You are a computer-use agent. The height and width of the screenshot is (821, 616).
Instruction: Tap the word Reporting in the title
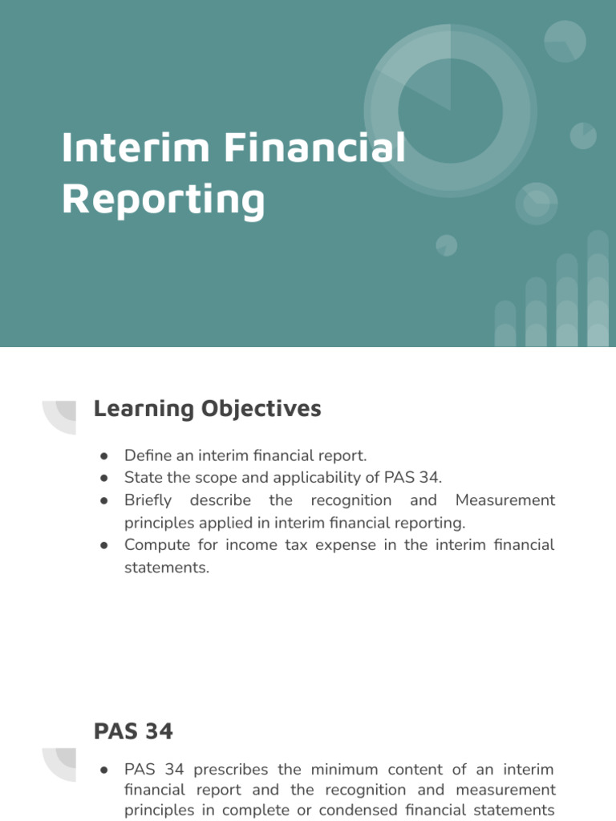[x=163, y=200]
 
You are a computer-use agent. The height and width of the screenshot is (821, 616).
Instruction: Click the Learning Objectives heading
[x=207, y=409]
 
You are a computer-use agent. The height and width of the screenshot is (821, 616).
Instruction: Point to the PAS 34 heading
[x=133, y=731]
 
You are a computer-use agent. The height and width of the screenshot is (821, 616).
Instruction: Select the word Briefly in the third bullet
[x=148, y=500]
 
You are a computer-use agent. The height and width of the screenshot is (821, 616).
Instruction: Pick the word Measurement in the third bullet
[x=505, y=500]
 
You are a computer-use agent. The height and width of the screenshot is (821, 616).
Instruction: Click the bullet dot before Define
[x=104, y=455]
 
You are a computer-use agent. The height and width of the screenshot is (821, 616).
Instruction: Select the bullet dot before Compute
[x=104, y=545]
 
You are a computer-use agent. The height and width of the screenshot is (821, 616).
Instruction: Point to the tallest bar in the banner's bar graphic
[x=598, y=289]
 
